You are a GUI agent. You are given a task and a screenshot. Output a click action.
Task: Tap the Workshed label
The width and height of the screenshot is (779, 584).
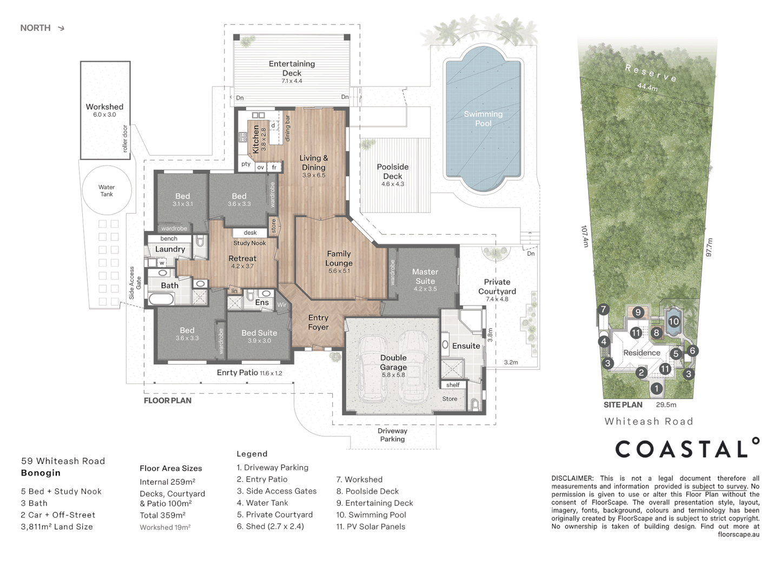click(x=104, y=107)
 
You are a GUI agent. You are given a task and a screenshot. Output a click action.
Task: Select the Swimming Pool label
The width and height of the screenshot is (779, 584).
click(x=483, y=118)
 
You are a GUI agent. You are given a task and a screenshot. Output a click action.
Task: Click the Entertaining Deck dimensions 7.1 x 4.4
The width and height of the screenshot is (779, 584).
click(x=292, y=81)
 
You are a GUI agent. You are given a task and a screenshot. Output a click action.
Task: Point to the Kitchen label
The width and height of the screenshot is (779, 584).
click(x=255, y=140)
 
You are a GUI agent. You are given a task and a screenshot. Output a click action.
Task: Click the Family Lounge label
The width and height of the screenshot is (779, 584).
click(x=339, y=258)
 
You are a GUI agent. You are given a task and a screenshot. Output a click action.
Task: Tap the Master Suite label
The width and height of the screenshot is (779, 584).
click(x=425, y=276)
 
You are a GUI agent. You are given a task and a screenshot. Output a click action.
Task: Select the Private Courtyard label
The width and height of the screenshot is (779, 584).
click(x=497, y=287)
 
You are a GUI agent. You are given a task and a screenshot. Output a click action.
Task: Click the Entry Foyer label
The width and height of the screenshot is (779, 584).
click(x=318, y=322)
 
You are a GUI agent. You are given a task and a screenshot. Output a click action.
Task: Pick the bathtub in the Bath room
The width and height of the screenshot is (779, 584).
click(x=161, y=299)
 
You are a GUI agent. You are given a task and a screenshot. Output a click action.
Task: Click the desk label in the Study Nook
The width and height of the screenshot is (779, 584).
click(x=250, y=233)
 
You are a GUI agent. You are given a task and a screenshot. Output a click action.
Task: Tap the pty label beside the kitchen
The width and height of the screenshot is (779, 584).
click(x=246, y=164)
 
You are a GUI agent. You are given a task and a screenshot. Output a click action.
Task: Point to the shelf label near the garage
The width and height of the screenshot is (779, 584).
click(x=453, y=384)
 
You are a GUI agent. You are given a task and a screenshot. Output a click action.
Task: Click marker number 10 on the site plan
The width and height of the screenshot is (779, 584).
click(x=674, y=322)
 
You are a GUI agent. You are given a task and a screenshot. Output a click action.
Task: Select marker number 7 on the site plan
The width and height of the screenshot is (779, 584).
click(x=603, y=309)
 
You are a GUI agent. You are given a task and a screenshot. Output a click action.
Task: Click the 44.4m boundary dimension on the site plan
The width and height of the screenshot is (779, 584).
click(x=648, y=87)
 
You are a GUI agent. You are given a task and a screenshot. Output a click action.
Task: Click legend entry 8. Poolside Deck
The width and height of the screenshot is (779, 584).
click(x=368, y=491)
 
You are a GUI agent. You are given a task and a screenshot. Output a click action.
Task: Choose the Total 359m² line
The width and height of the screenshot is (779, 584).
click(x=162, y=515)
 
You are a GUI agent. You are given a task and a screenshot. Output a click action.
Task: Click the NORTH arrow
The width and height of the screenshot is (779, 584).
click(x=61, y=28)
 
